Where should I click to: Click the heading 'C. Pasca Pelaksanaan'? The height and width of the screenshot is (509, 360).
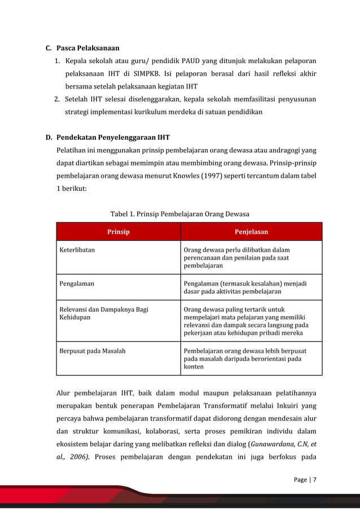tap(82, 47)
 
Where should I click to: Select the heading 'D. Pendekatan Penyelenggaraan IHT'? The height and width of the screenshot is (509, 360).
tap(107, 137)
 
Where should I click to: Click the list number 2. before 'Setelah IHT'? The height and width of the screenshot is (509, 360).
tap(58, 99)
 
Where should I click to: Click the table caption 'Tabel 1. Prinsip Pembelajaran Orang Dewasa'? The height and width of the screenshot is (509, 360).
tap(179, 214)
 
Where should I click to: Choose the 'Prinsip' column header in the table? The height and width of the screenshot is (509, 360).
tap(118, 231)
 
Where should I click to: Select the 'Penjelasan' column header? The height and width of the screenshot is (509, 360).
tap(251, 231)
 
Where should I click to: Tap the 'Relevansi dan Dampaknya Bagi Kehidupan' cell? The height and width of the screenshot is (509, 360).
tap(104, 313)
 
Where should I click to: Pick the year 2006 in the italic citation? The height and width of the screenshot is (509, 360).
tap(77, 456)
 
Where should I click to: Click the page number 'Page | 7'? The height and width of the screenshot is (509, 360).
tap(305, 480)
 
